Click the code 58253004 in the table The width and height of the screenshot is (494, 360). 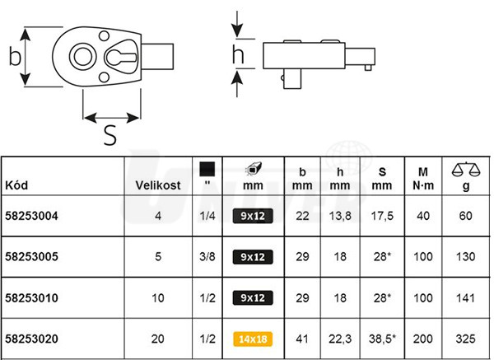click(31, 216)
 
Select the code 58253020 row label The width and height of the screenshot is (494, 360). click(31, 339)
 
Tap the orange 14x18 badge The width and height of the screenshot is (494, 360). click(253, 339)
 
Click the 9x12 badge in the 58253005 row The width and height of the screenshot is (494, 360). click(253, 257)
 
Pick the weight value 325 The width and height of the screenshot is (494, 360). click(465, 339)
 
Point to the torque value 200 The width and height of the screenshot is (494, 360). click(423, 339)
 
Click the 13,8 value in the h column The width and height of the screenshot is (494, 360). click(340, 217)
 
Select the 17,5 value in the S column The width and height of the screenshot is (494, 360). click(382, 217)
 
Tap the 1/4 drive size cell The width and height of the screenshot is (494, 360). click(207, 216)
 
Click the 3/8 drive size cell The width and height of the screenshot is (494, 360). click(207, 256)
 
